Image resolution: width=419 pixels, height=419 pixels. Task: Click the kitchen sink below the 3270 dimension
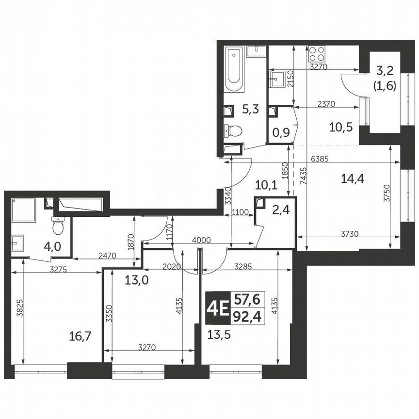(x=278, y=77)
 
